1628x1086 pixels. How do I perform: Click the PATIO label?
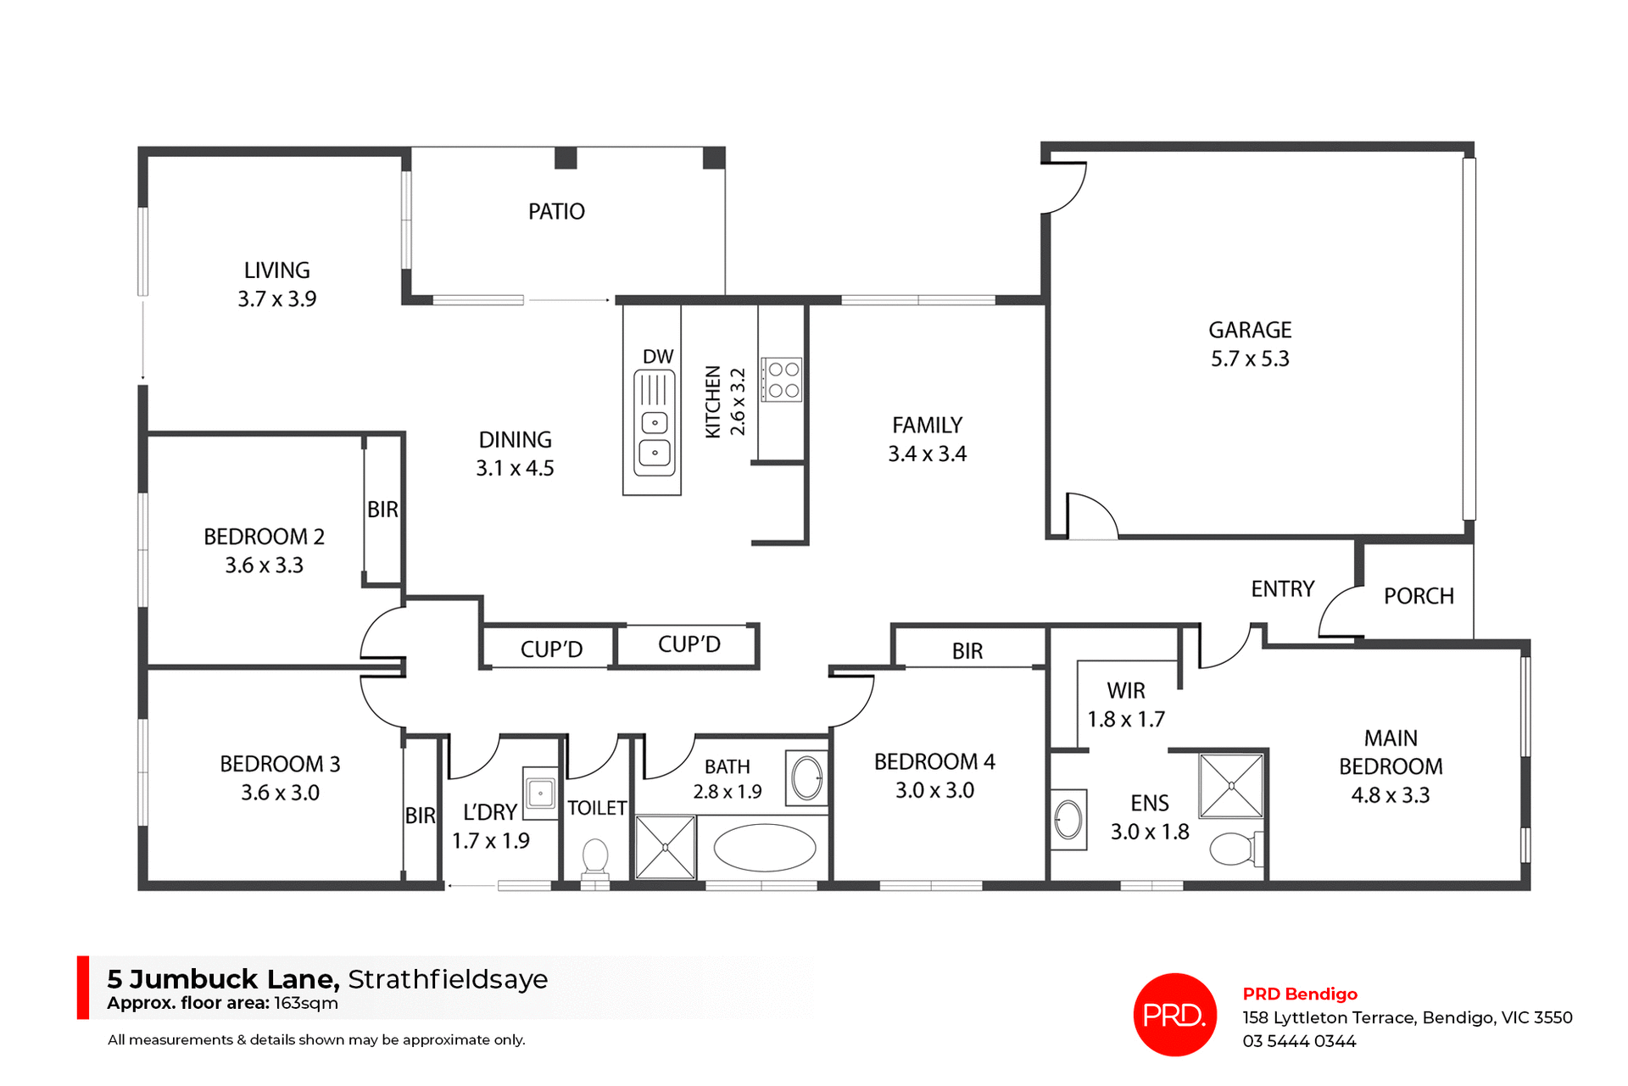(x=556, y=211)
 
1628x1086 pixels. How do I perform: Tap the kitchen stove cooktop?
(x=782, y=380)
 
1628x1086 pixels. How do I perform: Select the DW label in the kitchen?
(x=658, y=357)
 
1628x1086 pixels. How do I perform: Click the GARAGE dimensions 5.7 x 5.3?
(x=1250, y=359)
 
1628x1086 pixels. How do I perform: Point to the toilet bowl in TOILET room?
(x=595, y=856)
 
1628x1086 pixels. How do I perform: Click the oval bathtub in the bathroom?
(x=765, y=848)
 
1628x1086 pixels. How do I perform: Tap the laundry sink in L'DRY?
(x=540, y=794)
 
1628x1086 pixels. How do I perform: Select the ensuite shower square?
(x=1231, y=786)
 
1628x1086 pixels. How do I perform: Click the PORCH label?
(x=1419, y=596)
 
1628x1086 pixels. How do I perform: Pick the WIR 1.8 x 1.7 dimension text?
(x=1126, y=720)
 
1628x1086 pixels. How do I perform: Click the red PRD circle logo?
(x=1174, y=1014)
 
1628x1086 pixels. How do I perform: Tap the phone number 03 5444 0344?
(x=1299, y=1041)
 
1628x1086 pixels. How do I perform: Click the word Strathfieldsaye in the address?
(x=448, y=979)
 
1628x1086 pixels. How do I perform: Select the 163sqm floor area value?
(x=305, y=1004)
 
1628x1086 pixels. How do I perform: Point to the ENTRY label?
(x=1282, y=589)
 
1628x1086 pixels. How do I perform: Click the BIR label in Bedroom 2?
(x=382, y=510)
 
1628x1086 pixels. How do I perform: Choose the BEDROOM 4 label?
(x=934, y=762)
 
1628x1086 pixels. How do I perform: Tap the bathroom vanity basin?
(x=806, y=777)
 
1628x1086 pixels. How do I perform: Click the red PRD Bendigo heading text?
(x=1300, y=994)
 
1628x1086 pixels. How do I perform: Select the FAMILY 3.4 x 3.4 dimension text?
(x=927, y=454)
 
